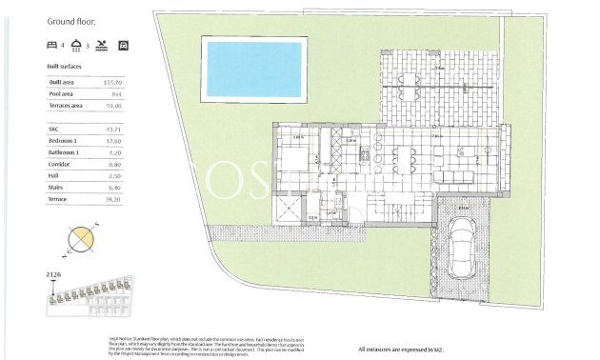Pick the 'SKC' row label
[53, 129]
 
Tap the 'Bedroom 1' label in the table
[65, 140]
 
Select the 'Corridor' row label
[59, 164]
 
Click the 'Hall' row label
[54, 175]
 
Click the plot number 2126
[54, 274]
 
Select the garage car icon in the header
[123, 45]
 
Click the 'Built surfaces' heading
[64, 66]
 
